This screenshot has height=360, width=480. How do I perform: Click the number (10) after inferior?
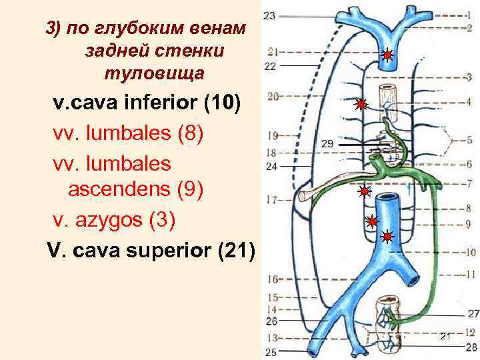pos(223,104)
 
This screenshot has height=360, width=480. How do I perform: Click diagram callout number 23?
pos(269,15)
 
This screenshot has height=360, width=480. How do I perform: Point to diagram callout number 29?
pos(327,143)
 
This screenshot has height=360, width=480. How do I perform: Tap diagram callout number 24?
pos(271,167)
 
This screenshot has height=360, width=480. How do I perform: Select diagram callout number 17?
pos(271,199)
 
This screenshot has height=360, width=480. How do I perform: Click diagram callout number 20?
pos(271,97)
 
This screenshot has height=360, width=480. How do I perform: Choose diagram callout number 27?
pos(473,313)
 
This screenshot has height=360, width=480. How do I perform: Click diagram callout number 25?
pos(271,351)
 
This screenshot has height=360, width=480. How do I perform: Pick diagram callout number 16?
pos(272,278)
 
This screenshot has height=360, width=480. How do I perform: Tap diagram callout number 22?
pos(270,66)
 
